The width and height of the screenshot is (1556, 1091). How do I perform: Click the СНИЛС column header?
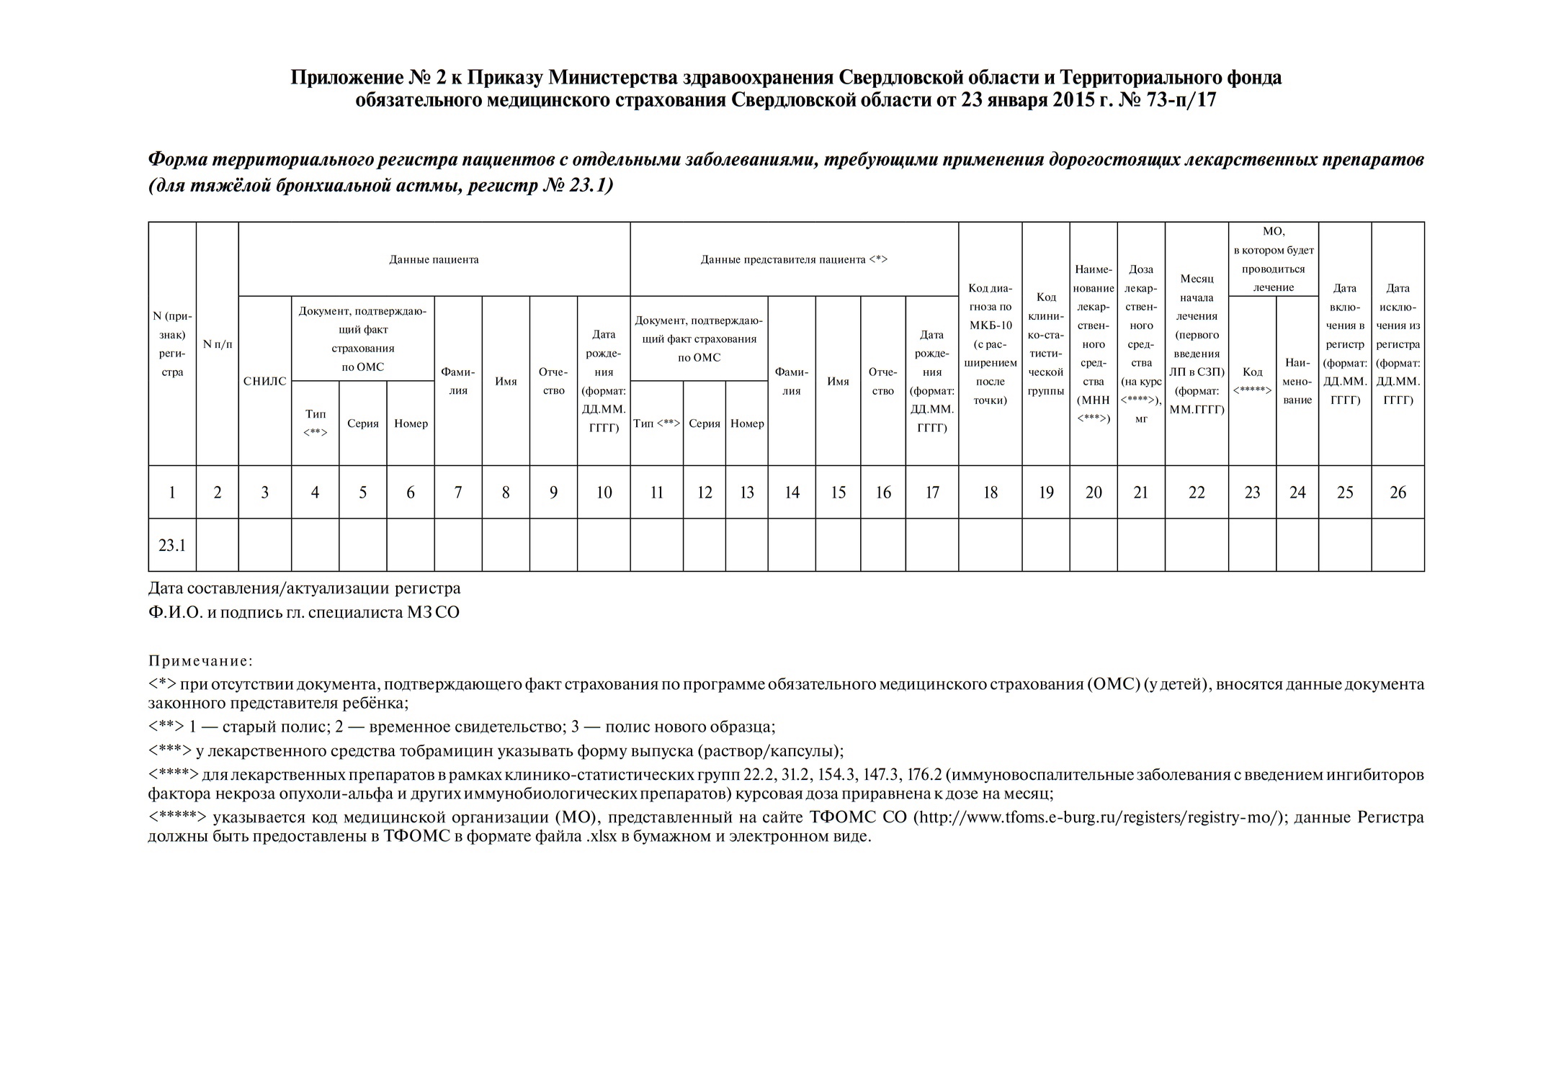264,381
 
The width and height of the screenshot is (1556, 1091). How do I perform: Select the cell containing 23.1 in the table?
172,545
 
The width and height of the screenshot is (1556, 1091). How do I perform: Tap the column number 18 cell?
990,492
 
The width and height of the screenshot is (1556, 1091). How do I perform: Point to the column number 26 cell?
1397,492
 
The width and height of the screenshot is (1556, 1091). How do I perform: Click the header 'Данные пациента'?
434,259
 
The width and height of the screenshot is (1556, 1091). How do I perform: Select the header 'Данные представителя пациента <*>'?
794,259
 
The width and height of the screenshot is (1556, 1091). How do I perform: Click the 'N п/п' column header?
218,344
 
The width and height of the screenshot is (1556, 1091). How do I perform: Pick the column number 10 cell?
604,492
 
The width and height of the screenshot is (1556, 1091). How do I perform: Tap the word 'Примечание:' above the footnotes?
201,660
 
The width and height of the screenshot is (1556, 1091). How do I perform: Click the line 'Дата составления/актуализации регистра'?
304,588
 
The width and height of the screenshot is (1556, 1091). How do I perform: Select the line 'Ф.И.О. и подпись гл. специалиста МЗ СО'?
303,613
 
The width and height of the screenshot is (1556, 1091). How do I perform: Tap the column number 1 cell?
172,492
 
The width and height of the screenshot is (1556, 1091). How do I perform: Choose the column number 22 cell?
1196,492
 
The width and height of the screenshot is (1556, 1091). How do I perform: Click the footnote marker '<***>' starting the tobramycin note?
170,751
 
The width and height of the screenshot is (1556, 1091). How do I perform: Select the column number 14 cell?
792,492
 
